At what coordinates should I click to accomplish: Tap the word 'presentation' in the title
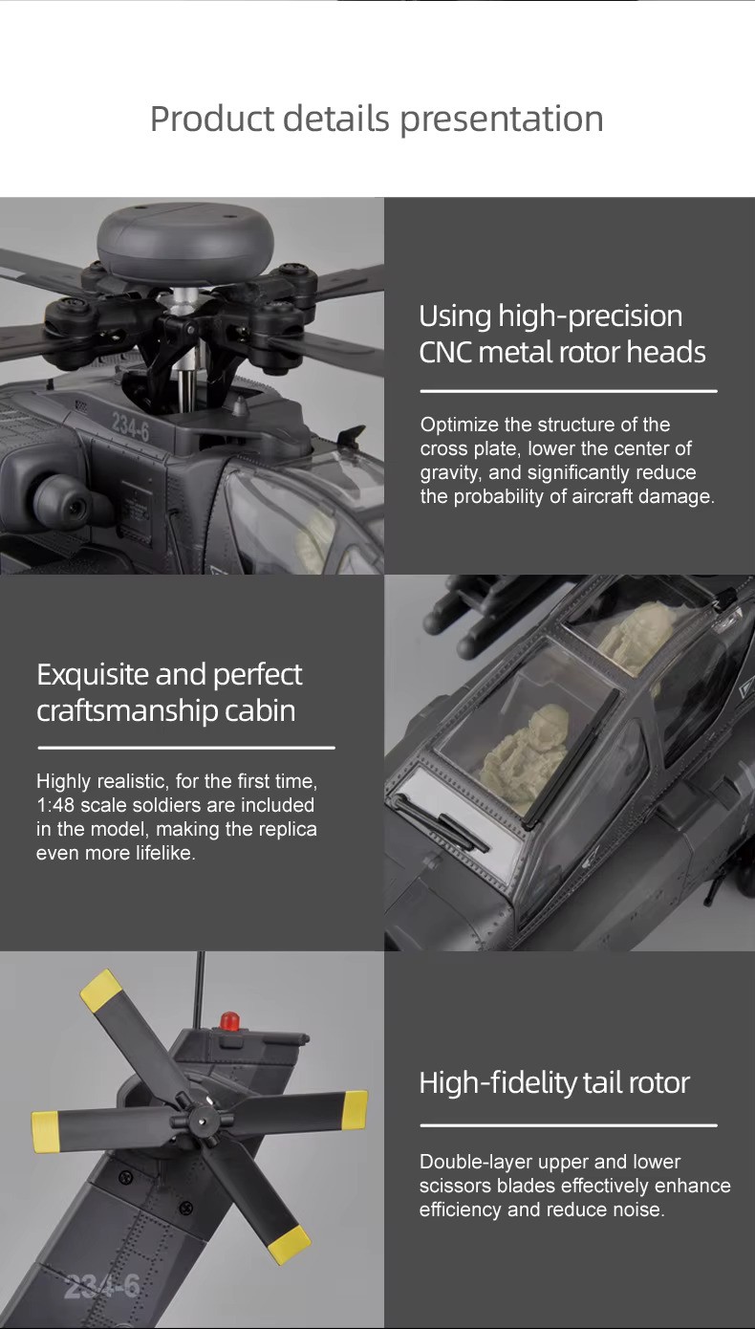(x=502, y=120)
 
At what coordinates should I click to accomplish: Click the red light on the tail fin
(x=229, y=1021)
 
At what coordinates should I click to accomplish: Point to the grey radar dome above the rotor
(x=185, y=242)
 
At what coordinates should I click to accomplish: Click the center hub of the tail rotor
(x=204, y=1121)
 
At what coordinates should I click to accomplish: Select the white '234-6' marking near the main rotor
(x=131, y=425)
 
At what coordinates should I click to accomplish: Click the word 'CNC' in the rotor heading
(x=445, y=352)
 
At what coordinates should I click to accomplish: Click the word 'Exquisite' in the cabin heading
(x=93, y=675)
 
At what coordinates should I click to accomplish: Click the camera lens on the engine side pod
(x=75, y=506)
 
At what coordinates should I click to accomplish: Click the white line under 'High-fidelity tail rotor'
(x=569, y=1125)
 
